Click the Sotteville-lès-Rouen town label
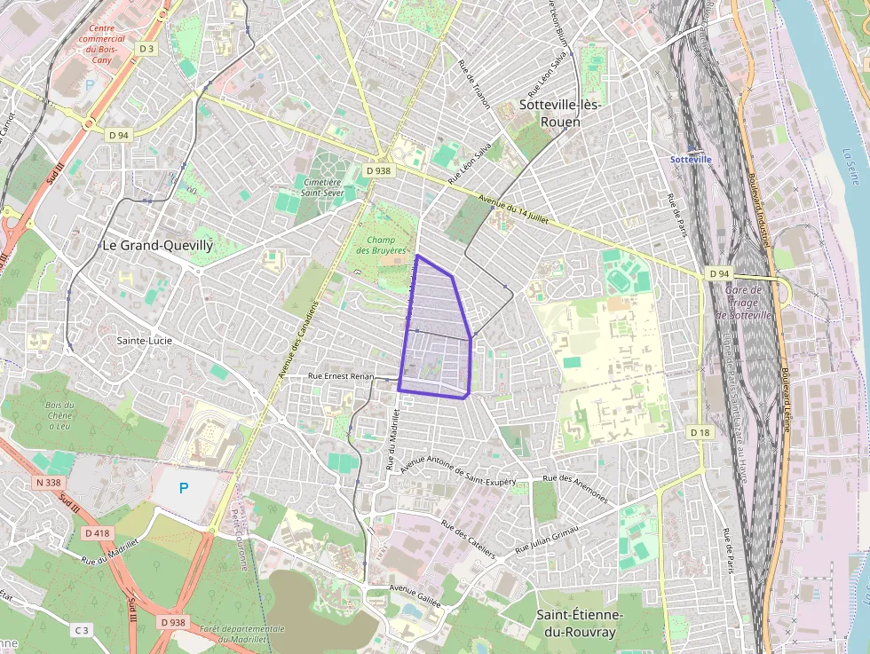[x=560, y=113]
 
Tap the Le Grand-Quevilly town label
[x=157, y=246]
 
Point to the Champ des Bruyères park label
[x=381, y=245]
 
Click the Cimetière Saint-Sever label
[x=323, y=186]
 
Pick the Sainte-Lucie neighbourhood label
[x=145, y=340]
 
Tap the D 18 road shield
[x=700, y=431]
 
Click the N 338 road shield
[x=51, y=483]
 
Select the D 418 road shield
[x=99, y=533]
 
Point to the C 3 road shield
[x=82, y=630]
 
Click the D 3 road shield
[x=146, y=49]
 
